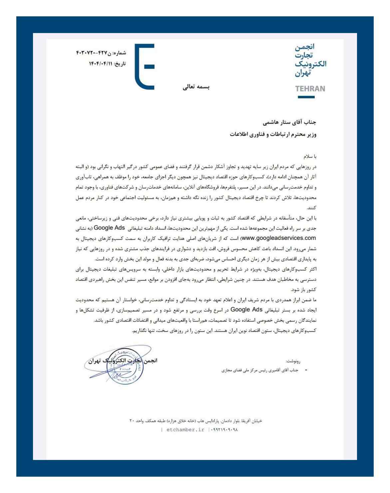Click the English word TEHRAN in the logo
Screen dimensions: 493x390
pyautogui.click(x=310, y=89)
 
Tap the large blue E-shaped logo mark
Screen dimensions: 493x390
pyautogui.click(x=145, y=67)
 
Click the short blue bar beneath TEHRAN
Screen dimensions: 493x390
pyautogui.click(x=306, y=97)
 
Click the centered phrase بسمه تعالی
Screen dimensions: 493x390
pyautogui.click(x=196, y=87)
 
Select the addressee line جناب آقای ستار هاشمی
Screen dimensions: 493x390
pyautogui.click(x=289, y=122)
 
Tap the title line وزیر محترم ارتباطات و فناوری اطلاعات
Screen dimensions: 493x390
pyautogui.click(x=273, y=134)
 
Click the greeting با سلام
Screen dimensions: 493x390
pyautogui.click(x=310, y=156)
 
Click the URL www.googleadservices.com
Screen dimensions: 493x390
pyautogui.click(x=278, y=238)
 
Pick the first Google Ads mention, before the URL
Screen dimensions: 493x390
pyautogui.click(x=109, y=228)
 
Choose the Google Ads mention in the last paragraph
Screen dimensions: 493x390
pyautogui.click(x=246, y=309)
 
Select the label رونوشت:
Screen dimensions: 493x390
pyautogui.click(x=293, y=361)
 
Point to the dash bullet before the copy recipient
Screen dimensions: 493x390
pyautogui.click(x=306, y=370)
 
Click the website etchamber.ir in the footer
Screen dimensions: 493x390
pyautogui.click(x=185, y=430)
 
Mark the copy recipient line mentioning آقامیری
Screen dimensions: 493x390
pyautogui.click(x=260, y=370)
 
